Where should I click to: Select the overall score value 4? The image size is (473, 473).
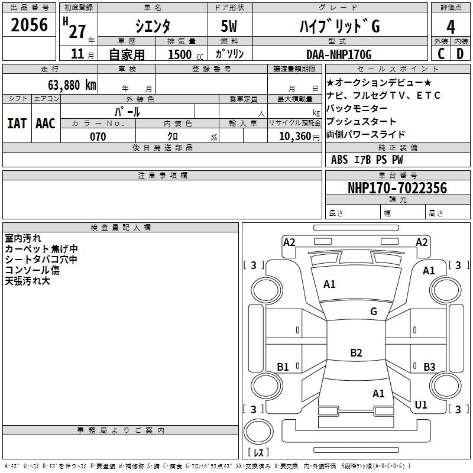451,27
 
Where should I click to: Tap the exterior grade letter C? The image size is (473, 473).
440,54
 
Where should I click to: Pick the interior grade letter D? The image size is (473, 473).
460,54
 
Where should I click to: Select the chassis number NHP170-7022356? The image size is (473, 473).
397,188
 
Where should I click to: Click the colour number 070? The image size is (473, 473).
98,137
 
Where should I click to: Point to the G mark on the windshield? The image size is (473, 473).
374,312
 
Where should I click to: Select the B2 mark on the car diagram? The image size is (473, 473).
356,353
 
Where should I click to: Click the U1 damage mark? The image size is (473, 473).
421,405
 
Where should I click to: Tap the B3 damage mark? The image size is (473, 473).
429,367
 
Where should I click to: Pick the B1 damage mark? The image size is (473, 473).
283,367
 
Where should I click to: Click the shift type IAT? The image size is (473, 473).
17,124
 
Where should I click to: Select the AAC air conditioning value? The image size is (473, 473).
46,124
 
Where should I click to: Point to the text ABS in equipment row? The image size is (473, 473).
339,160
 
